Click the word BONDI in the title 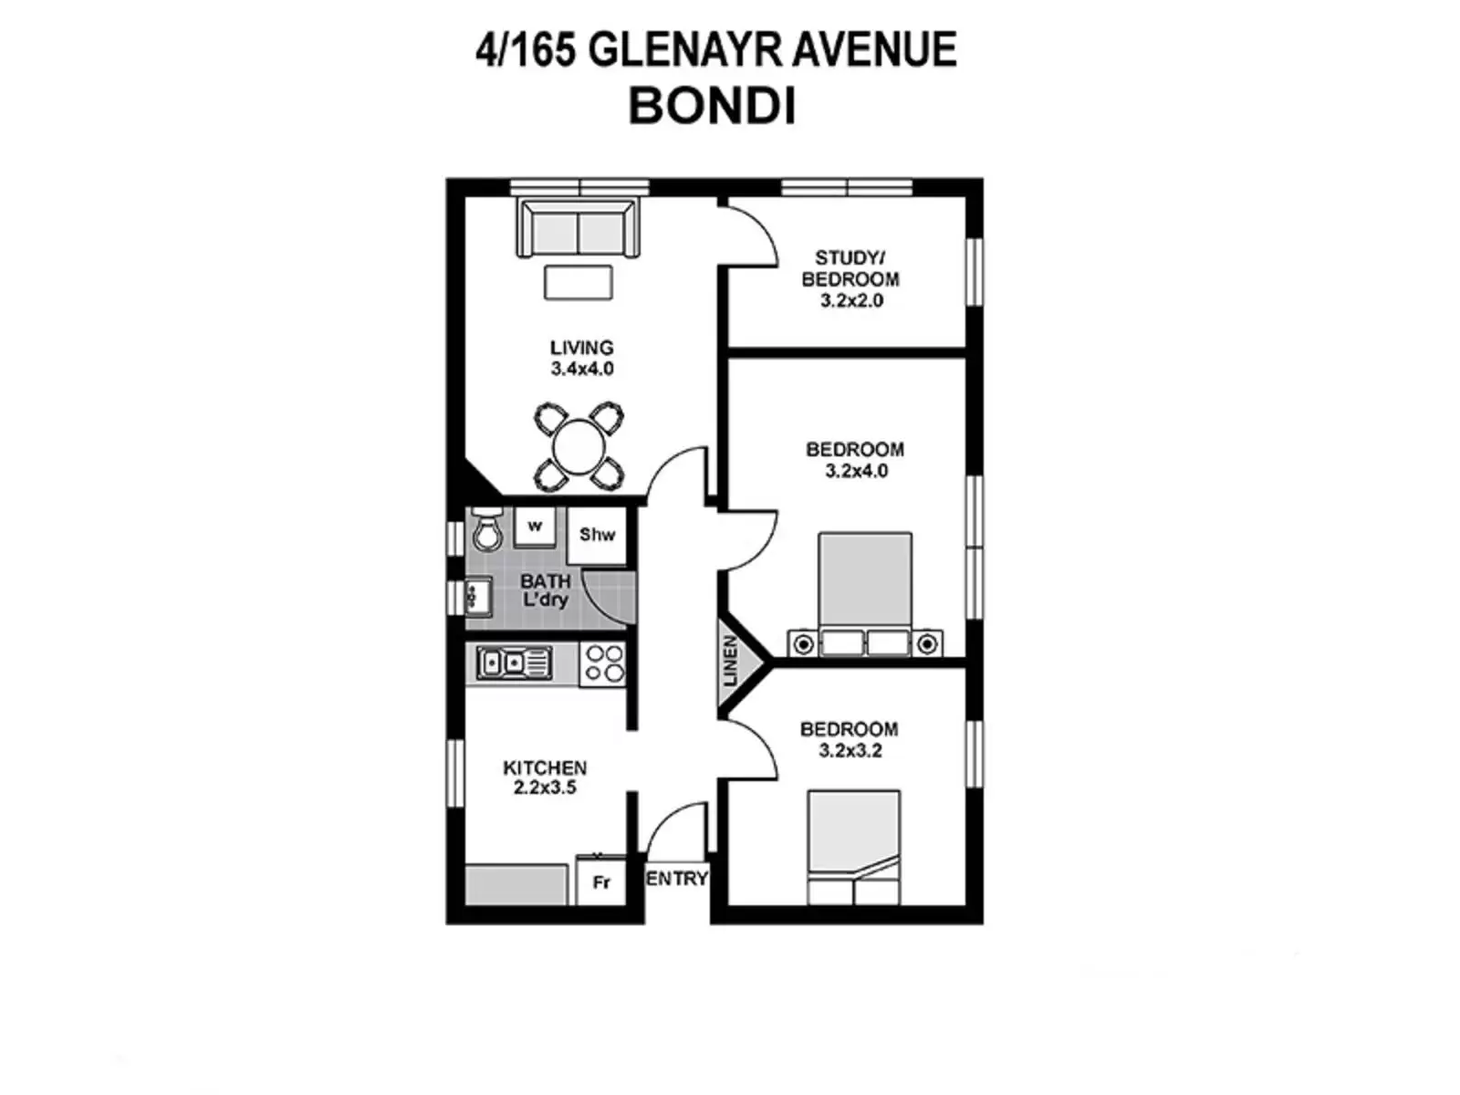click(x=712, y=106)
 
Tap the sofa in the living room click(x=578, y=229)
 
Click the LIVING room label click(x=581, y=348)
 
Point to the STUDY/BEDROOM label click(x=850, y=268)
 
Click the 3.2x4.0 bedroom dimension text click(x=856, y=471)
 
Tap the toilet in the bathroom click(x=487, y=530)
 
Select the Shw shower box click(x=598, y=535)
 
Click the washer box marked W click(x=535, y=527)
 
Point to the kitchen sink click(x=515, y=662)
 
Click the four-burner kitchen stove click(x=603, y=663)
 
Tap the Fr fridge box click(x=600, y=881)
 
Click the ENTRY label click(x=677, y=878)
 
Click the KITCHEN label click(x=545, y=767)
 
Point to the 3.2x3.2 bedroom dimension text click(x=850, y=750)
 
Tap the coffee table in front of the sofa click(x=578, y=282)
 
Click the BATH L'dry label click(x=545, y=590)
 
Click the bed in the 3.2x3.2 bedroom click(x=854, y=847)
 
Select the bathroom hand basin click(x=477, y=598)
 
